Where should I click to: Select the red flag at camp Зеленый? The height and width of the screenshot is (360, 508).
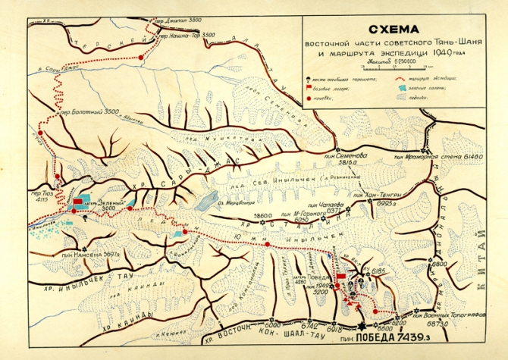tap(78, 201)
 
